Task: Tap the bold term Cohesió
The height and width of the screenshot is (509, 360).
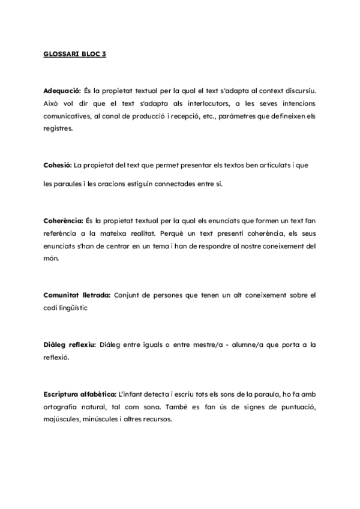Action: pyautogui.click(x=58, y=164)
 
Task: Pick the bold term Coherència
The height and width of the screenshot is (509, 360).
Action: pyautogui.click(x=64, y=221)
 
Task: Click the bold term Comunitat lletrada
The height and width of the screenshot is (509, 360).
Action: pyautogui.click(x=77, y=295)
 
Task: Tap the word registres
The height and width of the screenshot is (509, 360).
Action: pyautogui.click(x=58, y=128)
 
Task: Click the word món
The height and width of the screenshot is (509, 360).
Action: pyautogui.click(x=50, y=258)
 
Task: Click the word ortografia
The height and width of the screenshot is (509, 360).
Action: pyautogui.click(x=62, y=408)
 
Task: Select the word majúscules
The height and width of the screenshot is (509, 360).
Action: pyautogui.click(x=63, y=420)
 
